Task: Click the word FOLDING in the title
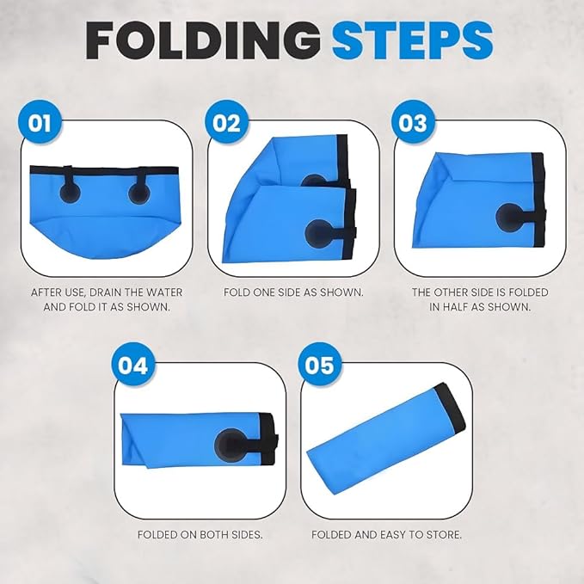(203, 40)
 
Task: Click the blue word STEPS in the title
(413, 40)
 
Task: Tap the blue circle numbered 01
(40, 123)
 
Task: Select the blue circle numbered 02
(226, 123)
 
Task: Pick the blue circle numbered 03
(413, 123)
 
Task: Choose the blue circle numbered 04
(133, 365)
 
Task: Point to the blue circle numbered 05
(320, 365)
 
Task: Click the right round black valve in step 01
(139, 193)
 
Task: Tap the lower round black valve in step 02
(319, 232)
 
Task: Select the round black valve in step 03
(509, 217)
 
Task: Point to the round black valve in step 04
(228, 445)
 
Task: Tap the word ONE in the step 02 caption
(263, 292)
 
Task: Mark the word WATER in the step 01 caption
(165, 292)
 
